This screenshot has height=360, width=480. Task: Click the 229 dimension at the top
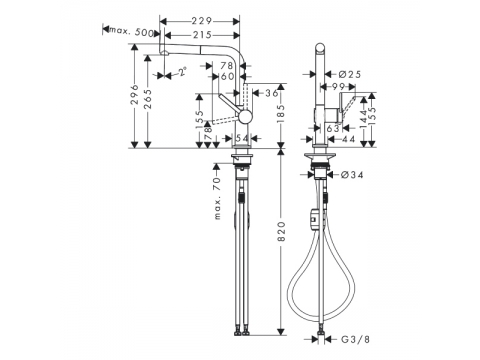pyautogui.click(x=202, y=21)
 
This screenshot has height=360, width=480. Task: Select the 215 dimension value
pyautogui.click(x=202, y=35)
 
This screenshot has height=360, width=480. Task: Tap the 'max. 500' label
pyautogui.click(x=132, y=31)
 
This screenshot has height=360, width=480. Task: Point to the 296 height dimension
pyautogui.click(x=134, y=94)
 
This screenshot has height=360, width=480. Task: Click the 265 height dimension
pyautogui.click(x=148, y=99)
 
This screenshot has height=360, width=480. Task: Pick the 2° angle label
pyautogui.click(x=182, y=72)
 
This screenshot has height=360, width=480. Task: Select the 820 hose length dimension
pyautogui.click(x=282, y=231)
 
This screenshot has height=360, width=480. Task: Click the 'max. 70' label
pyautogui.click(x=217, y=198)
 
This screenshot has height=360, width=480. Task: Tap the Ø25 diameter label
pyautogui.click(x=349, y=74)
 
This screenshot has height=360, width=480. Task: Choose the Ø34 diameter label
pyautogui.click(x=352, y=174)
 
